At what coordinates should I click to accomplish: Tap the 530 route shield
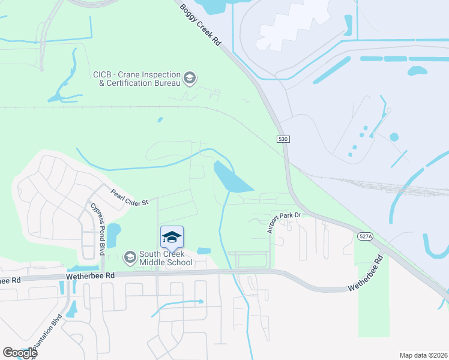[284, 139]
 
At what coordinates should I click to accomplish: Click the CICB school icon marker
[190, 78]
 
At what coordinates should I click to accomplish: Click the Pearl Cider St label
[128, 198]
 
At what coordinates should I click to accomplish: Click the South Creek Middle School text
[166, 258]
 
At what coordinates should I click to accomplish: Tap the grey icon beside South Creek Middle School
[130, 257]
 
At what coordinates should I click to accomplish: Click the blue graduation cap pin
[172, 238]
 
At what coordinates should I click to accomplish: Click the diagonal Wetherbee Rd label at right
[366, 275]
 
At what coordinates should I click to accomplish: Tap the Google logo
[20, 353]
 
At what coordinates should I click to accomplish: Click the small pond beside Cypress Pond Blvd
[113, 231]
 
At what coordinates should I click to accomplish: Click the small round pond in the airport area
[394, 137]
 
